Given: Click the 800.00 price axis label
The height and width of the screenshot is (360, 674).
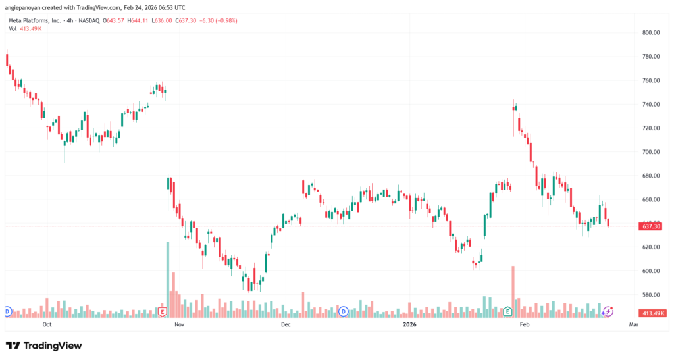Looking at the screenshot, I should click(650, 32).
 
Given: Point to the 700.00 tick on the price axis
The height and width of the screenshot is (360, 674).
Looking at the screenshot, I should click(650, 152).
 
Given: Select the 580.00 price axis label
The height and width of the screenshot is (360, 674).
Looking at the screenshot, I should click(650, 295).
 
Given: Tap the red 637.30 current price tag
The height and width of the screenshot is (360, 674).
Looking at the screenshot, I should click(650, 226).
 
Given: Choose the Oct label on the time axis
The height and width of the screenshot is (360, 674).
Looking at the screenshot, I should click(47, 324).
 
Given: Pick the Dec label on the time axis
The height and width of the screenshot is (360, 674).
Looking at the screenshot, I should click(286, 324).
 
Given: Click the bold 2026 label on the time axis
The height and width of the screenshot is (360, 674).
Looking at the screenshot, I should click(409, 324).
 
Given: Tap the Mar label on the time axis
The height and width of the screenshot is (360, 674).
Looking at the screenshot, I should click(633, 324).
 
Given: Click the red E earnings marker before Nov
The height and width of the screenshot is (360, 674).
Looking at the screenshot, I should click(162, 310).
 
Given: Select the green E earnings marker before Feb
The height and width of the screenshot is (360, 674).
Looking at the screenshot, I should click(507, 310).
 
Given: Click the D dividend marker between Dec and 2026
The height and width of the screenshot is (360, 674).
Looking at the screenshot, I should click(343, 310).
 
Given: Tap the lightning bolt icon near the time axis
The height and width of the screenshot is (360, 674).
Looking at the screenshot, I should click(608, 310).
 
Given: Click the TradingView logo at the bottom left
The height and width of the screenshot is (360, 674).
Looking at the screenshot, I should click(43, 346).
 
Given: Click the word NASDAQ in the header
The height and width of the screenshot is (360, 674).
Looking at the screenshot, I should click(88, 21).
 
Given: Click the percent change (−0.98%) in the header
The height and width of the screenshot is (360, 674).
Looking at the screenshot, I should click(226, 21).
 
